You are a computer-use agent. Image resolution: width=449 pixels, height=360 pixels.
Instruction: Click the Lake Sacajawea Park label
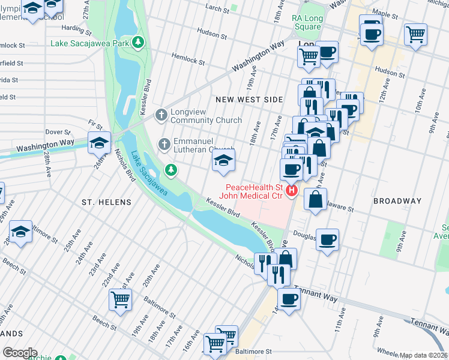coord(90,42)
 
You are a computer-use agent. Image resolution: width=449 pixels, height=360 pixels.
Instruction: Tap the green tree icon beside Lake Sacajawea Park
coord(138,42)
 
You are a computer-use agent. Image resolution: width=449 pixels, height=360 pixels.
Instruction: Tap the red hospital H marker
coord(292,191)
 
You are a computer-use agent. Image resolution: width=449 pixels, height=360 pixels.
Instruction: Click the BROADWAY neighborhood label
coord(397,201)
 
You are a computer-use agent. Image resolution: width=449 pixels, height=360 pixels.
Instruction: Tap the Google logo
coord(19,353)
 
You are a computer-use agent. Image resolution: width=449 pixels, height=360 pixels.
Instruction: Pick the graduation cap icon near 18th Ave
coord(223,161)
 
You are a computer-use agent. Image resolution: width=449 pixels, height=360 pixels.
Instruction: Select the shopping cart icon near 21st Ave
coord(121,300)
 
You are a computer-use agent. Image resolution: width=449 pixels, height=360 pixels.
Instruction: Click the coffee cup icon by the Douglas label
coord(327,240)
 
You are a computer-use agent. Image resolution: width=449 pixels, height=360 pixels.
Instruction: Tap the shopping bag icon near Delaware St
coord(315,199)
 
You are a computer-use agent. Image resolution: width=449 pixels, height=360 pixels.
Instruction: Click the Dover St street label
coord(58,131)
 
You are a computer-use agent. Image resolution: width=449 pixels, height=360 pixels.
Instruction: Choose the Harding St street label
coord(75,28)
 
